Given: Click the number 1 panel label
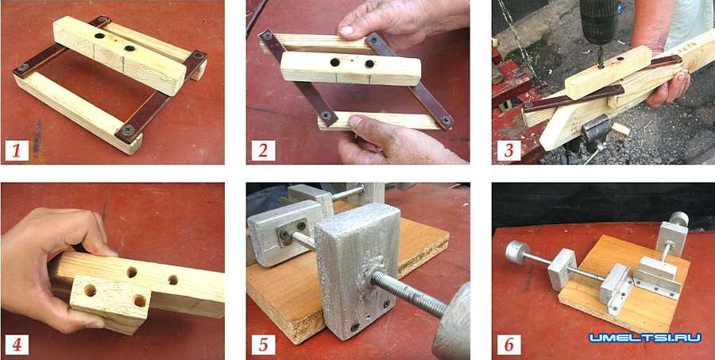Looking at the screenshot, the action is click(x=17, y=150).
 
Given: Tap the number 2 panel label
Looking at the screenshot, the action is click(x=263, y=150).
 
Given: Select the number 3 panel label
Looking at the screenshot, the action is click(x=509, y=150).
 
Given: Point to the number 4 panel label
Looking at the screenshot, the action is click(x=17, y=345).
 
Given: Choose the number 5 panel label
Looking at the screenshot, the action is click(x=263, y=345).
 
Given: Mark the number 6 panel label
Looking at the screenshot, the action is click(x=509, y=345).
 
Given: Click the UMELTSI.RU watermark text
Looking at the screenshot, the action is click(x=645, y=338).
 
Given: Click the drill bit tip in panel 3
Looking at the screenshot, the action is click(x=602, y=67).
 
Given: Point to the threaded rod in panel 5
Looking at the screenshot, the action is click(x=408, y=294).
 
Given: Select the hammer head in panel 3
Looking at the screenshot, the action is click(x=595, y=131).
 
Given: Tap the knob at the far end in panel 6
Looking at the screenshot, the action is click(x=679, y=219).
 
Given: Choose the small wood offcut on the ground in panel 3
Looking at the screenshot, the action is click(x=620, y=129).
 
